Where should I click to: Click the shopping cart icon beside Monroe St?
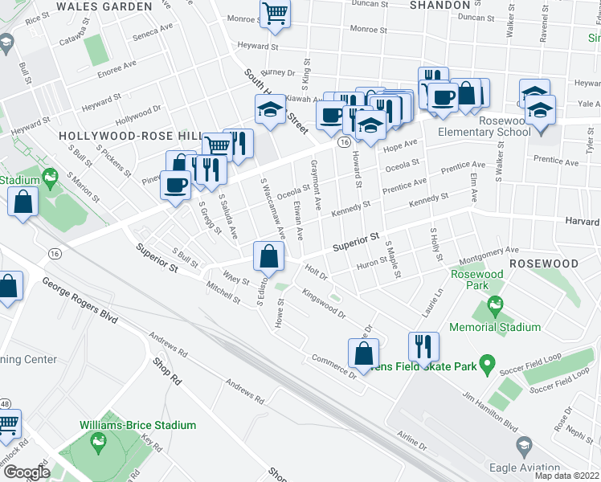[x=275, y=14]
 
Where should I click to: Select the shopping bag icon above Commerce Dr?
[x=364, y=353]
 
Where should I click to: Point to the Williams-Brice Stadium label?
[x=137, y=425]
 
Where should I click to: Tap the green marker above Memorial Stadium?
[x=495, y=305]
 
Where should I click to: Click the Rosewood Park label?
[x=476, y=280]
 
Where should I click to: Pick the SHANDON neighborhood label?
[x=440, y=5]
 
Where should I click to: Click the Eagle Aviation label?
[x=527, y=468]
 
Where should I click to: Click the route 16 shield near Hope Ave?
[x=343, y=142]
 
